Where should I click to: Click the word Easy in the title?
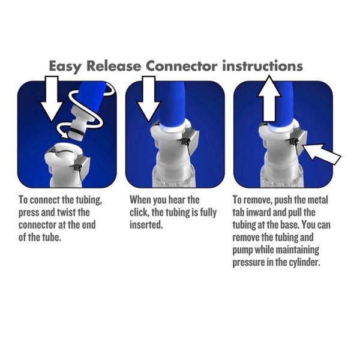click(65, 67)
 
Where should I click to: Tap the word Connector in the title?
click(181, 66)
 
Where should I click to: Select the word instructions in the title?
click(262, 66)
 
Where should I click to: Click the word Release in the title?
click(113, 66)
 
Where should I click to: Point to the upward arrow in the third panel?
click(269, 98)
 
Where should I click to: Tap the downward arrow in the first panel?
click(52, 99)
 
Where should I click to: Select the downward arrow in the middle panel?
click(149, 99)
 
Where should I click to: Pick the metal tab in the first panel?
click(83, 167)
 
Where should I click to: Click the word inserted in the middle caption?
click(146, 225)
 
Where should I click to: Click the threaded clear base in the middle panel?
click(174, 176)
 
